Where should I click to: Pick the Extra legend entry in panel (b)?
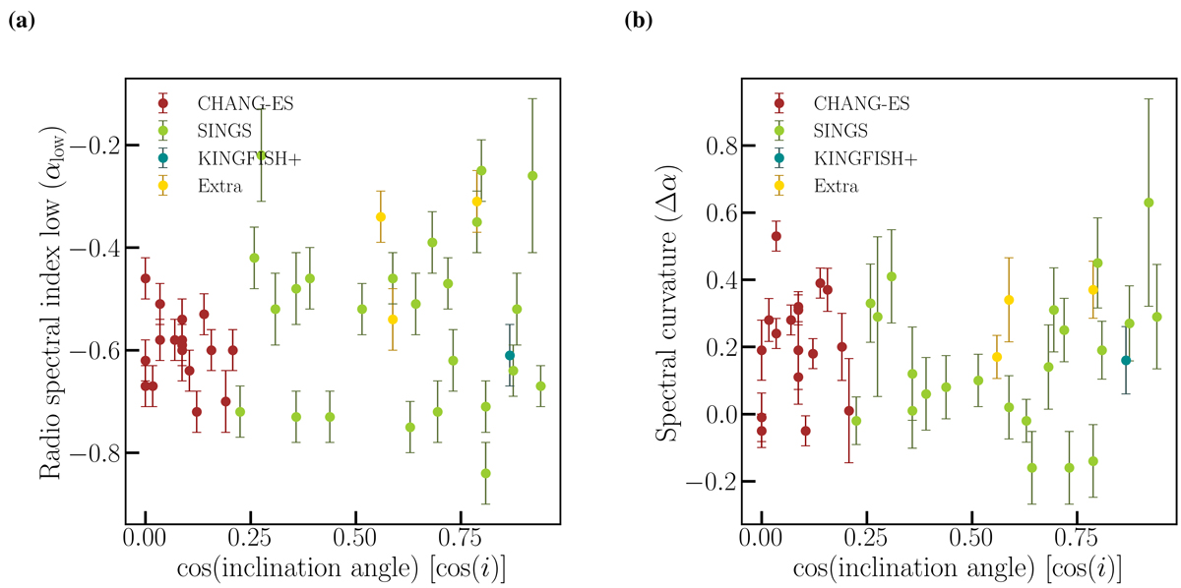point(835,185)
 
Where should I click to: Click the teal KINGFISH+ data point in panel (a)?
point(510,355)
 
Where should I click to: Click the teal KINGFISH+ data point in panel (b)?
point(1126,360)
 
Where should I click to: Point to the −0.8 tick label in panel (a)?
point(92,453)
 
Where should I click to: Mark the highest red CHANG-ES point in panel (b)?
point(776,236)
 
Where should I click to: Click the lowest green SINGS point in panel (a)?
point(485,473)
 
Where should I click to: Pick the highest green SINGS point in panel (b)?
point(1149,203)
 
